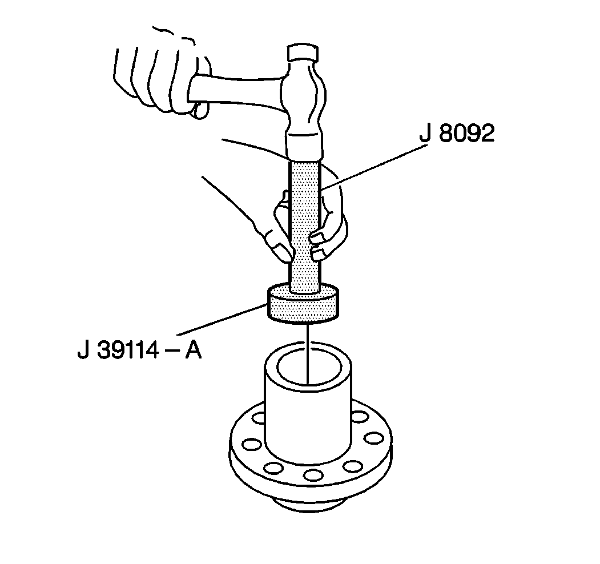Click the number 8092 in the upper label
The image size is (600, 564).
pos(466,133)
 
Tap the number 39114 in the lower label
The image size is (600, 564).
pos(128,349)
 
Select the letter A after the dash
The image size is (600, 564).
pos(193,349)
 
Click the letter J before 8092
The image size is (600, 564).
pos(425,133)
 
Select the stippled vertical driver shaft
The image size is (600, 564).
pos(305,225)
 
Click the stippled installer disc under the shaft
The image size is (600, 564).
pos(303,304)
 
